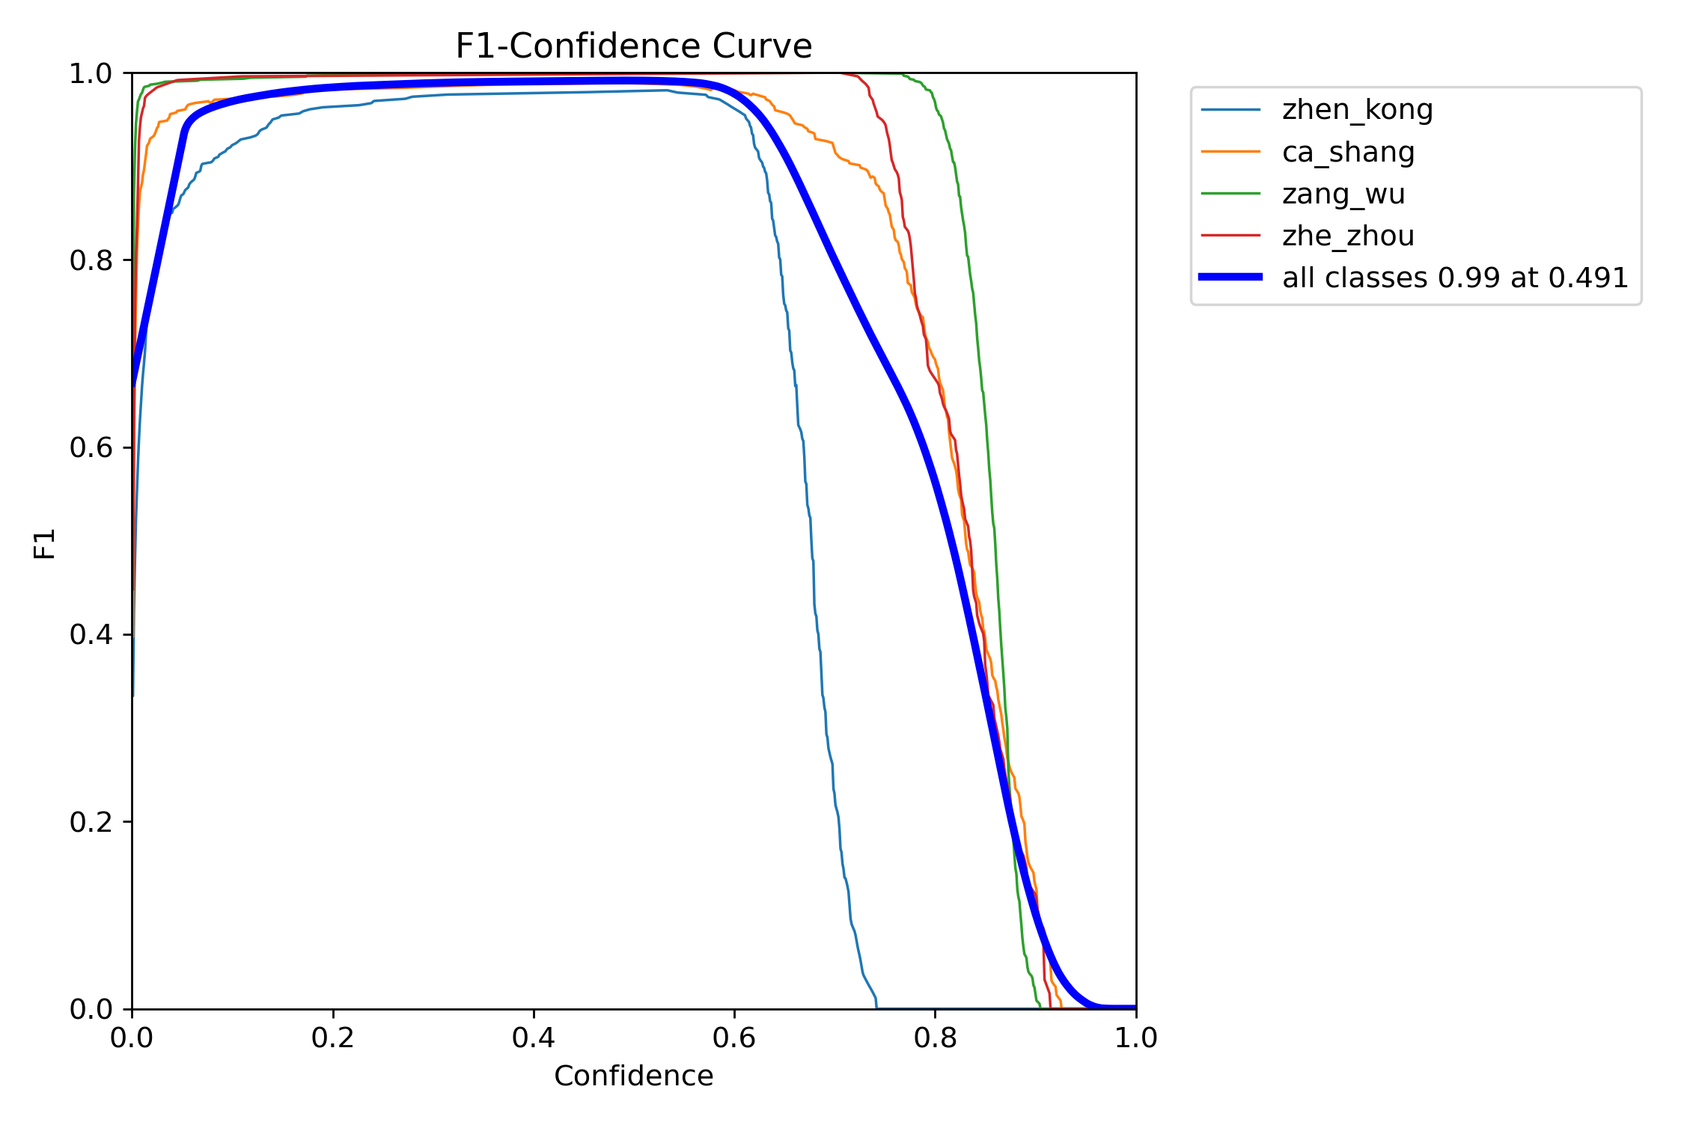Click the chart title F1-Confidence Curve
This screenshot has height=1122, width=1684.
pyautogui.click(x=633, y=46)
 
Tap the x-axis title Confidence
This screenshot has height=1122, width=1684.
pyautogui.click(x=633, y=1076)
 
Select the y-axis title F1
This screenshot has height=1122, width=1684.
pyautogui.click(x=45, y=544)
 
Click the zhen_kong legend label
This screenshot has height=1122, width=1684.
pyautogui.click(x=1357, y=110)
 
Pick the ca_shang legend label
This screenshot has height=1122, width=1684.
pyautogui.click(x=1348, y=152)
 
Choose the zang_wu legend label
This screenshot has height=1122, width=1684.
pyautogui.click(x=1343, y=194)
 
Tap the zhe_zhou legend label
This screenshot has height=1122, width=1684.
pyautogui.click(x=1348, y=236)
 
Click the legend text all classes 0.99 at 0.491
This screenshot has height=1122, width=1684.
pyautogui.click(x=1455, y=278)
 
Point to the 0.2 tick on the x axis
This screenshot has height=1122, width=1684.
pyautogui.click(x=333, y=1037)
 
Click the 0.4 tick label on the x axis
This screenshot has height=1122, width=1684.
pyautogui.click(x=534, y=1037)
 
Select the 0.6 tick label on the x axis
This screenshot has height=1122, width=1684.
pyautogui.click(x=734, y=1037)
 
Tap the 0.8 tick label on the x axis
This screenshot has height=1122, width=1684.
pyautogui.click(x=935, y=1037)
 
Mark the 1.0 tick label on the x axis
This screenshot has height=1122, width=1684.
pyautogui.click(x=1135, y=1037)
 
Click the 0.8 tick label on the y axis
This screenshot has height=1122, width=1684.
pyautogui.click(x=91, y=260)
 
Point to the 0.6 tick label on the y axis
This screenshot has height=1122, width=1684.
pyautogui.click(x=91, y=447)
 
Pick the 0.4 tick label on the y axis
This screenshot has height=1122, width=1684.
pyautogui.click(x=91, y=634)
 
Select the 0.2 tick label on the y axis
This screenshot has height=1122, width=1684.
pyautogui.click(x=91, y=822)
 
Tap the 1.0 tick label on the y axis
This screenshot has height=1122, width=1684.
pyautogui.click(x=91, y=73)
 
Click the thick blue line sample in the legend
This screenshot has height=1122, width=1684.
pyautogui.click(x=1230, y=278)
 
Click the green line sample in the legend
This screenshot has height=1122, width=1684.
pyautogui.click(x=1230, y=194)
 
